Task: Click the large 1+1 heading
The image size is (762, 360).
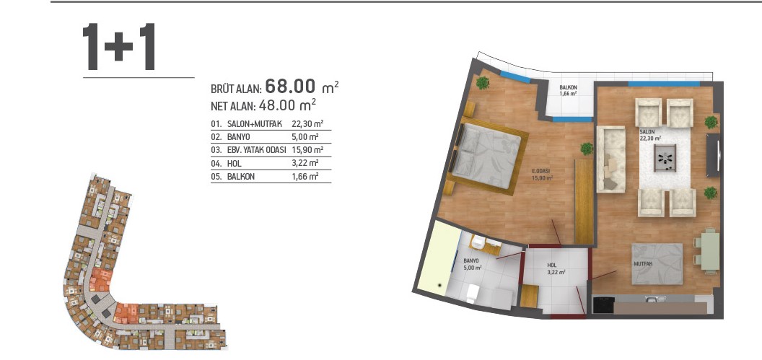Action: [119, 47]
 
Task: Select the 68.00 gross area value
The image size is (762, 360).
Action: [291, 87]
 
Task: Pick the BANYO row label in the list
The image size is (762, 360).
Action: [238, 137]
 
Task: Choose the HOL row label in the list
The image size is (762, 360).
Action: [234, 163]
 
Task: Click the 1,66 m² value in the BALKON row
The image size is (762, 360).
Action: [305, 176]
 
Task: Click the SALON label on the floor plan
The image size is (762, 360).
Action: [647, 131]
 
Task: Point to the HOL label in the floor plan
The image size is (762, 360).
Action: [551, 265]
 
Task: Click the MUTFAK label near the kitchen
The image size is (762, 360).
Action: [643, 264]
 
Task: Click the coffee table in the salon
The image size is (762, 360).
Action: [665, 158]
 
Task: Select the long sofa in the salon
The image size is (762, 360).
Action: [611, 159]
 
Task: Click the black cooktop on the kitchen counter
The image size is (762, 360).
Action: [603, 305]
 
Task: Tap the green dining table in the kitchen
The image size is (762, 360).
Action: [711, 250]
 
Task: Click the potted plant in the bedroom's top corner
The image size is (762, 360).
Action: [483, 82]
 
